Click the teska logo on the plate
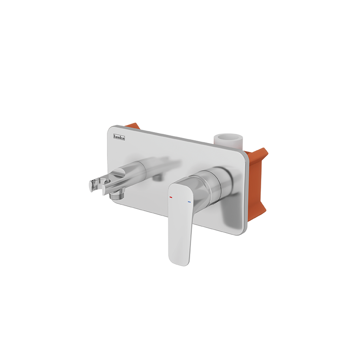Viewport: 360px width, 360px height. coord(119,137)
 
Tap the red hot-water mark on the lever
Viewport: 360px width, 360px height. coord(171,197)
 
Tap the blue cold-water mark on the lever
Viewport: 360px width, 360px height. coord(189,202)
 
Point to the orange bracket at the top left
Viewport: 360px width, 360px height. coord(133,127)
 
